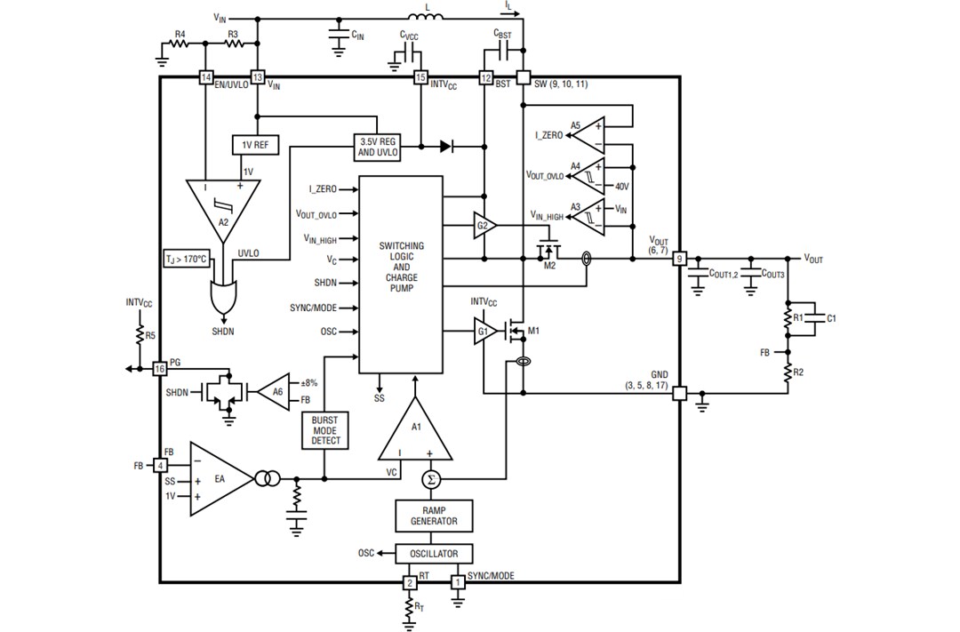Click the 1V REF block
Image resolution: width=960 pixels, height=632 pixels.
[255, 145]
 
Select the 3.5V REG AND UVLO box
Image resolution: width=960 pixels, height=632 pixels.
[377, 147]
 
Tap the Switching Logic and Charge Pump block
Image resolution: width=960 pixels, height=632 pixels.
[401, 274]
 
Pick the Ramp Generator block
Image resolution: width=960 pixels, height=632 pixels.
[434, 516]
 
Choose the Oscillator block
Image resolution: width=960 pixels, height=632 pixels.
[434, 553]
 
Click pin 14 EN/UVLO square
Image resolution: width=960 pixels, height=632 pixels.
[207, 78]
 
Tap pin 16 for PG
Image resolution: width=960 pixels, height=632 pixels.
[160, 368]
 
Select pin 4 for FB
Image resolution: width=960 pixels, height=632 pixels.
[160, 465]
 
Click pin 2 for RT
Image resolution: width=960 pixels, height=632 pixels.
[410, 582]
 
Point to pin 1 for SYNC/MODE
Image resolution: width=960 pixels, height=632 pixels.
[459, 582]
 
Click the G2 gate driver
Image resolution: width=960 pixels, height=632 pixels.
[484, 226]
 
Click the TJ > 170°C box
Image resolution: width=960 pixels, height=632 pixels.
[185, 260]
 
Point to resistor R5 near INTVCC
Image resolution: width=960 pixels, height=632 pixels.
[140, 335]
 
